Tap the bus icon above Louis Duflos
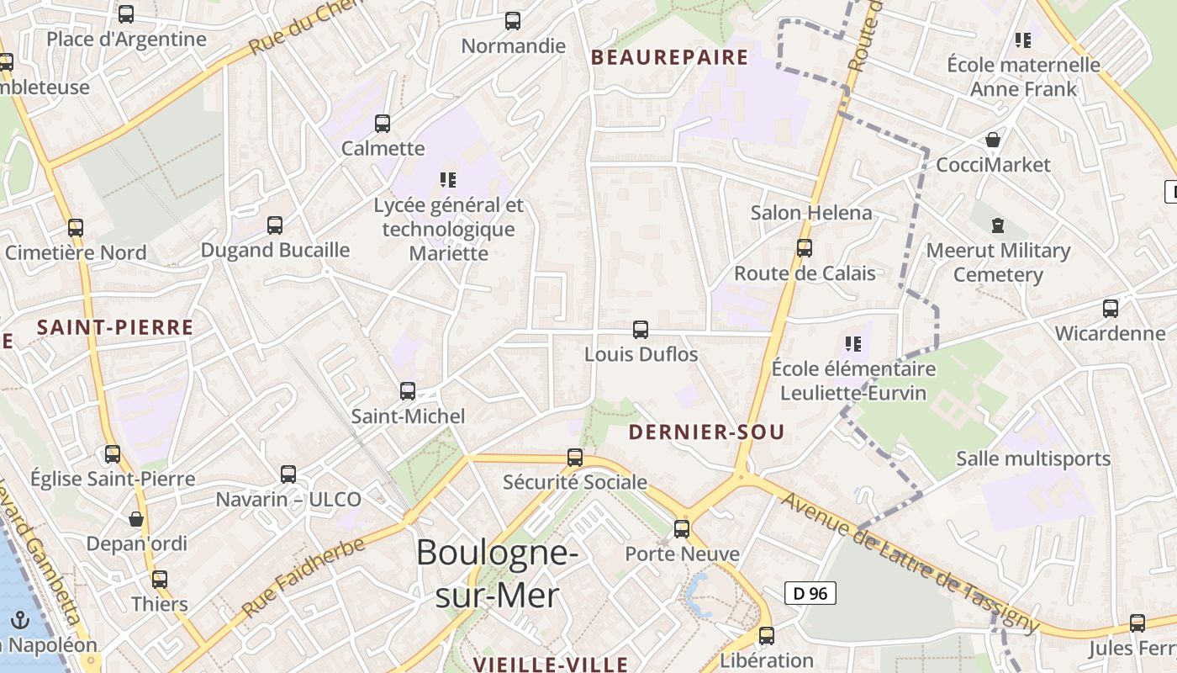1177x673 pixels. point(641,330)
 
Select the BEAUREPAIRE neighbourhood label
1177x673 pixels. point(669,57)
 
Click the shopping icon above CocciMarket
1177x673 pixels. point(993,140)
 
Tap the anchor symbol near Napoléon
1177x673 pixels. point(20,622)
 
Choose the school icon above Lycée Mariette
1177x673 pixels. point(448,179)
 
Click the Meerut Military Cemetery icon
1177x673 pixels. point(998,225)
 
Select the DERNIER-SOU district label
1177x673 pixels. point(706,432)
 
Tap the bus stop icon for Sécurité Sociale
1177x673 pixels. point(575,458)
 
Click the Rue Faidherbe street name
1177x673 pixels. point(303,576)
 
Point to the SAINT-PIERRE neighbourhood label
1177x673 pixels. point(115,327)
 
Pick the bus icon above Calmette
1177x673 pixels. point(383,124)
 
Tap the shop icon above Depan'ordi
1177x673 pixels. point(136,519)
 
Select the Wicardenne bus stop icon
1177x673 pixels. point(1111,309)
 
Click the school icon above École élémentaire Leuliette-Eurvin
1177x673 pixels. point(853,344)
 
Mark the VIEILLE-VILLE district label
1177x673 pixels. point(551,665)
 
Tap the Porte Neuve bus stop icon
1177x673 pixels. point(682,529)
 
